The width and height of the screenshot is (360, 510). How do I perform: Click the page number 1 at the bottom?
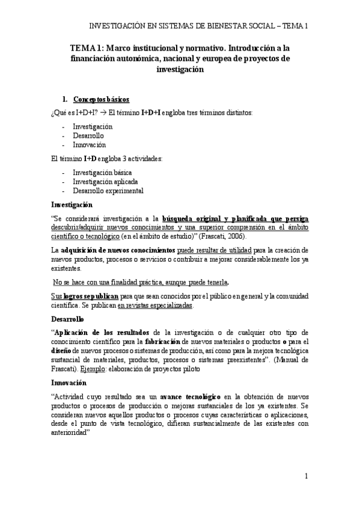click(x=306, y=476)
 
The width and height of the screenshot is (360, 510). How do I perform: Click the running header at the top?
click(x=198, y=26)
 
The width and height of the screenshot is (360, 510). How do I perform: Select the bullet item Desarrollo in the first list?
click(x=87, y=136)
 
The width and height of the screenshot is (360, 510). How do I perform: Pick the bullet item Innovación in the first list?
click(x=89, y=145)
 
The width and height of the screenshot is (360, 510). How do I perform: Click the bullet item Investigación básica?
click(x=98, y=173)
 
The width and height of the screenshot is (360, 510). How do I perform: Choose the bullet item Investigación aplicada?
click(x=101, y=182)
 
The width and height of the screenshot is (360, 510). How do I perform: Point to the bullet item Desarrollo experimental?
click(x=108, y=191)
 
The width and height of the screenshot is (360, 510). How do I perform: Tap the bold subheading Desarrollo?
click(x=68, y=318)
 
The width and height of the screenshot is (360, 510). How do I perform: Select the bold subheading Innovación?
click(x=69, y=382)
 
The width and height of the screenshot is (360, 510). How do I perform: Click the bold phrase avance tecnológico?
click(x=189, y=397)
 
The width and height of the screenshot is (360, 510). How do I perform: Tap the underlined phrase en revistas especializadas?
click(x=154, y=306)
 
